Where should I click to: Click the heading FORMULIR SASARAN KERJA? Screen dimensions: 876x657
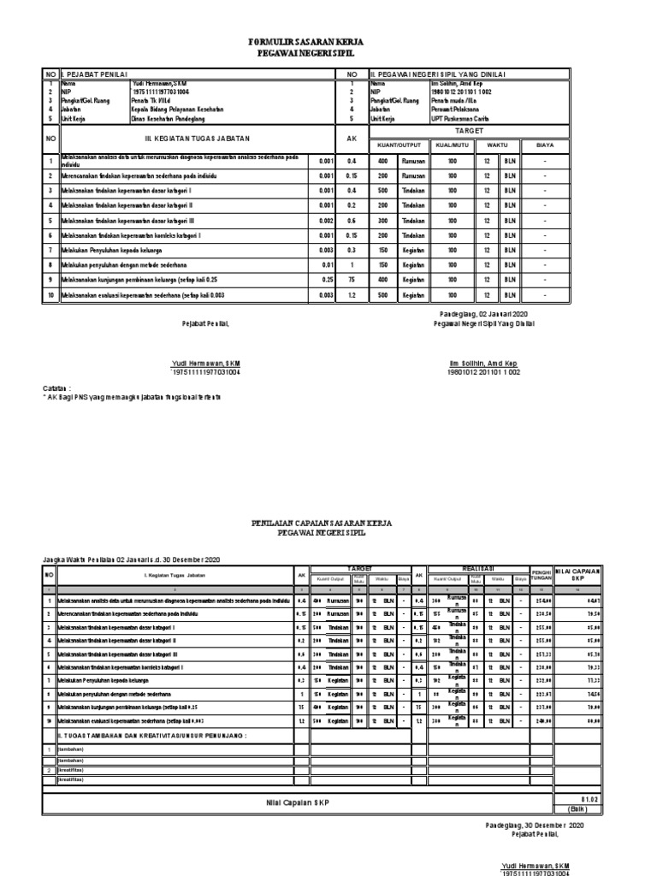tap(328, 41)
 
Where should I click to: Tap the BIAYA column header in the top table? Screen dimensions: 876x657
tap(569, 145)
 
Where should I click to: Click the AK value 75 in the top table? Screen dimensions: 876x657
tap(350, 279)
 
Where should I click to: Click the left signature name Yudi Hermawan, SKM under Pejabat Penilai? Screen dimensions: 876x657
tap(206, 364)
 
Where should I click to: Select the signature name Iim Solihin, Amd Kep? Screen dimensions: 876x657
tap(483, 364)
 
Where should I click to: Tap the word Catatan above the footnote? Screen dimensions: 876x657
tap(57, 387)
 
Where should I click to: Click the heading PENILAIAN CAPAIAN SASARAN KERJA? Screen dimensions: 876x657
tap(321, 522)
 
